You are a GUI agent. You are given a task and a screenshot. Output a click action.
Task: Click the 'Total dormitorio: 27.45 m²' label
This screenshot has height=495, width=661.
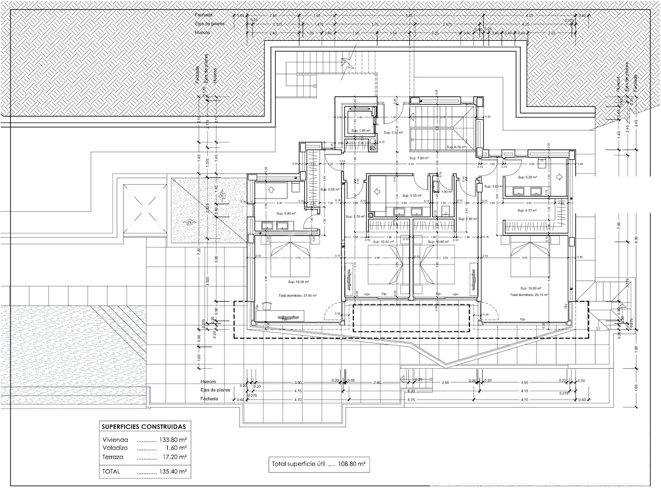tap(297, 295)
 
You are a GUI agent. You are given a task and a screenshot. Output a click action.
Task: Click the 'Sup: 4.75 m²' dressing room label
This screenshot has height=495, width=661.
tap(527, 210)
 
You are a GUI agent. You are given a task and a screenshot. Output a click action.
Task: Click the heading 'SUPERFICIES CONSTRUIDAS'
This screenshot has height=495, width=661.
tap(144, 426)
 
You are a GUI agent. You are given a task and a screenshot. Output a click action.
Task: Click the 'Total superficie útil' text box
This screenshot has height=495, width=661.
tap(319, 464)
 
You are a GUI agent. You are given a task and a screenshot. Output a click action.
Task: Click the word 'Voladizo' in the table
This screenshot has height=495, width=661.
tap(115, 448)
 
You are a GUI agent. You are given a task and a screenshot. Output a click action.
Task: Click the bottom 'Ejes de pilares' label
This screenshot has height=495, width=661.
tap(215, 390)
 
